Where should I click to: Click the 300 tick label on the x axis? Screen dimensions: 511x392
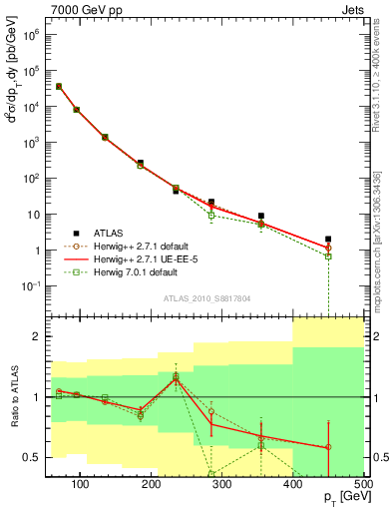[222, 484]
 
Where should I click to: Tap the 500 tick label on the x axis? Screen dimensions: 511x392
[363, 484]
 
